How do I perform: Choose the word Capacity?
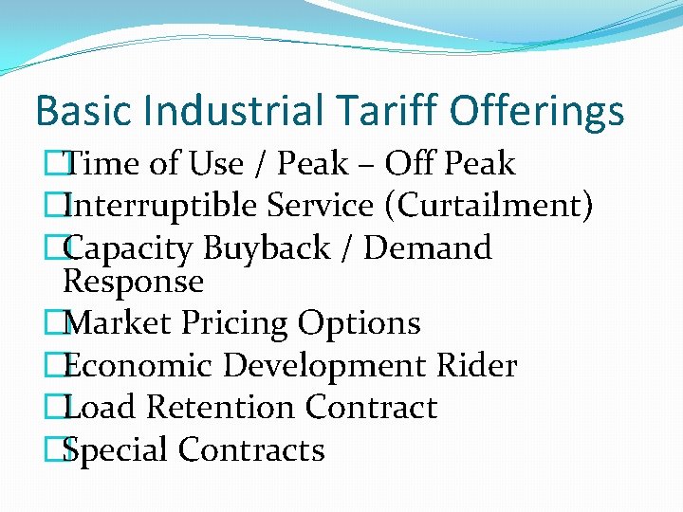pyautogui.click(x=131, y=248)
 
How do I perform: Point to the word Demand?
pyautogui.click(x=428, y=248)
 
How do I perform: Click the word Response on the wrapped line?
pyautogui.click(x=133, y=282)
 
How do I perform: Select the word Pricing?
pyautogui.click(x=232, y=323)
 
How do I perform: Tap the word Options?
pyautogui.click(x=360, y=323)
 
